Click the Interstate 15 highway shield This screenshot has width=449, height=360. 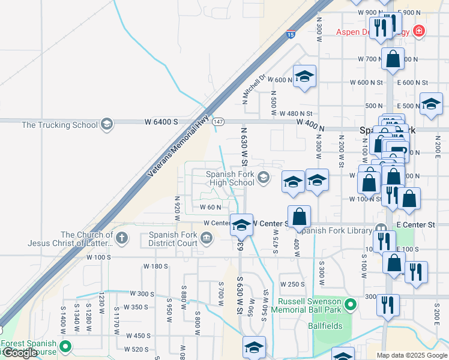[x=291, y=35]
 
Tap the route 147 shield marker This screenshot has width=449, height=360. [x=218, y=121]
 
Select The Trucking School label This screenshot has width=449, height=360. [x=59, y=125]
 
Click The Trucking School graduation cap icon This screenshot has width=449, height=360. [x=107, y=124]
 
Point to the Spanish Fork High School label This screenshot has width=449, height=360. [x=231, y=178]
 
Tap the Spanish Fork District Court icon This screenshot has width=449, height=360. [x=206, y=239]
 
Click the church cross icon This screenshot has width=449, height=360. [x=122, y=239]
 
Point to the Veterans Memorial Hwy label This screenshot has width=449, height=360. [x=179, y=146]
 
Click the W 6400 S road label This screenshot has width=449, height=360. [x=161, y=121]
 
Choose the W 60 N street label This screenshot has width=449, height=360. [x=211, y=207]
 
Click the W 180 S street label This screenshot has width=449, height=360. [x=155, y=266]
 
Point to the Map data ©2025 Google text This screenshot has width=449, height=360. [x=412, y=355]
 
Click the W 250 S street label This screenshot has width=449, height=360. [x=293, y=284]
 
